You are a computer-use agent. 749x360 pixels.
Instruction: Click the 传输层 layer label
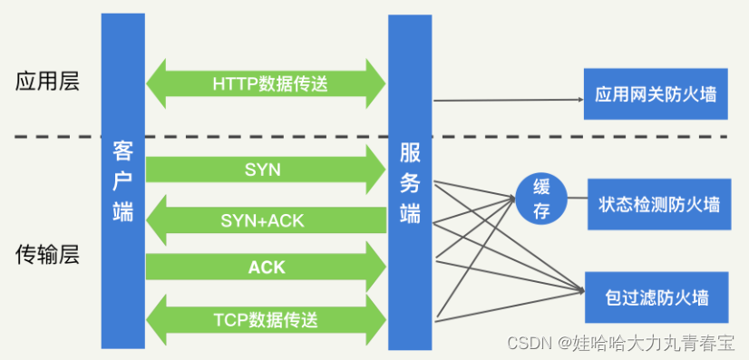(x=47, y=255)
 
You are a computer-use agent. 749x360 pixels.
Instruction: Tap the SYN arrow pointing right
(x=263, y=170)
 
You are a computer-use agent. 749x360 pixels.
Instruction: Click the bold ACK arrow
(x=266, y=268)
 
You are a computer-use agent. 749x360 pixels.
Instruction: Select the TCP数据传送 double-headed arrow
(x=267, y=318)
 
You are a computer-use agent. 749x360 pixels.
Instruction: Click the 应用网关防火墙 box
(x=656, y=94)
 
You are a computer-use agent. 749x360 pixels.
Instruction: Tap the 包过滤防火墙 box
(x=656, y=297)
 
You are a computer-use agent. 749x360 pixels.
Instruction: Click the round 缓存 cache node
(x=541, y=198)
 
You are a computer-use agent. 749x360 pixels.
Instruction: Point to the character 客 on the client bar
(x=122, y=150)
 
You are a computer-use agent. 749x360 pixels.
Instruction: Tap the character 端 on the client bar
(x=122, y=211)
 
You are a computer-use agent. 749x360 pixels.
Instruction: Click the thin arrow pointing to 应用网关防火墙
(x=508, y=100)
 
